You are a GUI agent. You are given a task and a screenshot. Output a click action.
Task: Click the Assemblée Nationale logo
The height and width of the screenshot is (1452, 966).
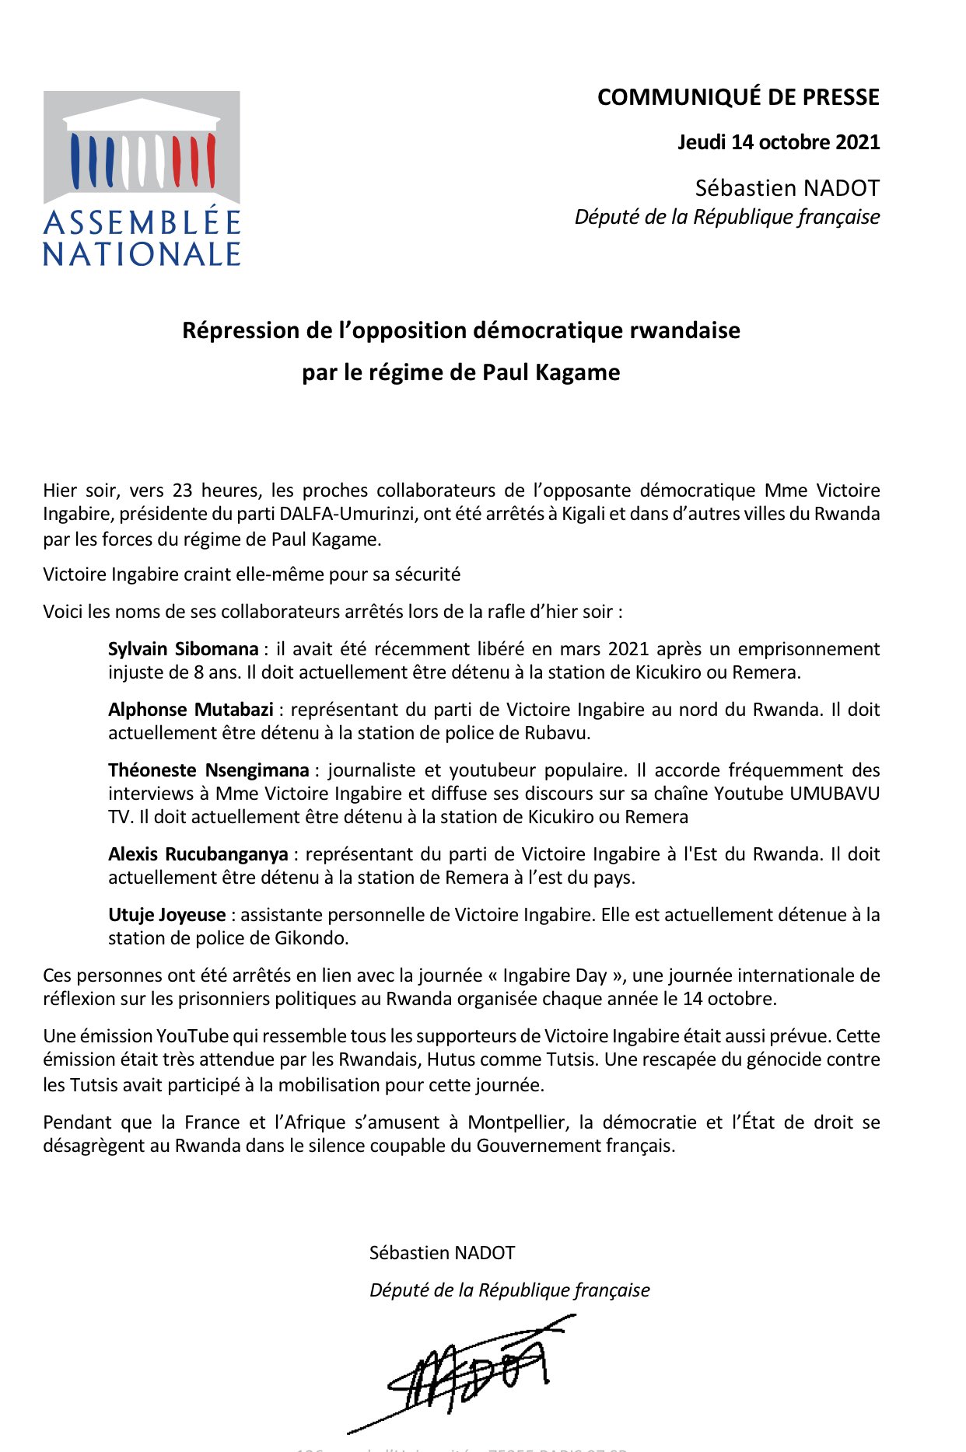[142, 179]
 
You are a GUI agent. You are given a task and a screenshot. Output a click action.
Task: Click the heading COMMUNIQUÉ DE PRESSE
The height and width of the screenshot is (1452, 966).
[738, 97]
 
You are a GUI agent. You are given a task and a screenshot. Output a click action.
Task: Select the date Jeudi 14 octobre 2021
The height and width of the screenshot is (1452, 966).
[779, 142]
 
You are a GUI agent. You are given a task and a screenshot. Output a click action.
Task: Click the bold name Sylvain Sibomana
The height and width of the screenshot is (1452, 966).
[183, 649]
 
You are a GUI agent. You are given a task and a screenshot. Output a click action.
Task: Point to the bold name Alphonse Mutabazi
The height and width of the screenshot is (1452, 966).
[191, 710]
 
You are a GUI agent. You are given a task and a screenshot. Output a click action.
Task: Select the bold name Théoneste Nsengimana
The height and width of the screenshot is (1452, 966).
[208, 770]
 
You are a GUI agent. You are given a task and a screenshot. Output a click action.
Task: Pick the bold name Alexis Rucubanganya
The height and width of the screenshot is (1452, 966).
[198, 854]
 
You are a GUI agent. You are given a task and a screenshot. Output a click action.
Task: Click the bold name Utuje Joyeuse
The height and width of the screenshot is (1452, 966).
[166, 915]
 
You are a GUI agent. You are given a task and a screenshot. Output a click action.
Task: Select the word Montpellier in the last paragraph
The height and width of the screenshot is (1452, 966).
[517, 1122]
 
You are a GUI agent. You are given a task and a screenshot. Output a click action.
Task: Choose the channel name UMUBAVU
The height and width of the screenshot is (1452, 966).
[835, 794]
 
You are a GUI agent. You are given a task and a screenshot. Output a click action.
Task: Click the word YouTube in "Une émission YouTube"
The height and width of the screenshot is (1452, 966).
[193, 1036]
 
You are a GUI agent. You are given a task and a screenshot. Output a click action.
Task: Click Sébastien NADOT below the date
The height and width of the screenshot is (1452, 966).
[787, 188]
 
